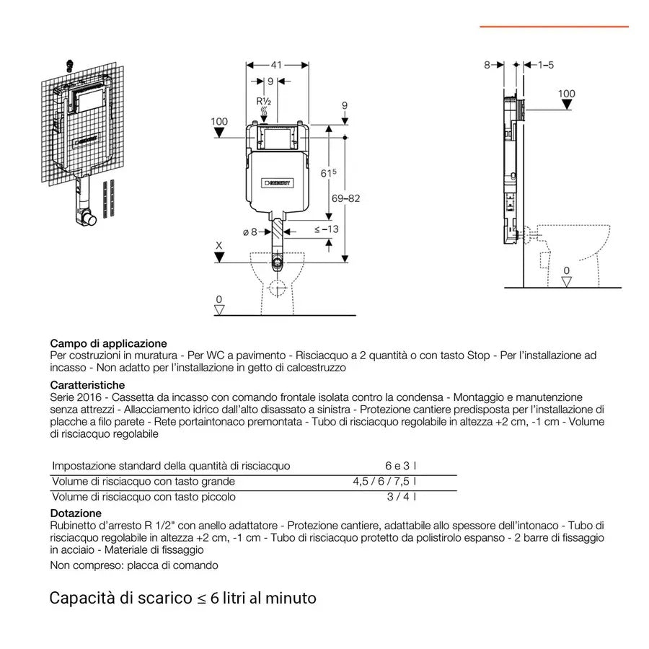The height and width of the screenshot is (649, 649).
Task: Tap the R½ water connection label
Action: click(x=264, y=101)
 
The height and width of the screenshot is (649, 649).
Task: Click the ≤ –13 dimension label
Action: click(x=327, y=230)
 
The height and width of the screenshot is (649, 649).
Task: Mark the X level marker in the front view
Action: click(x=219, y=246)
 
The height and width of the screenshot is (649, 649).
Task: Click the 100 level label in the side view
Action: click(x=567, y=94)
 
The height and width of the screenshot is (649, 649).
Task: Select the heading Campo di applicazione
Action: click(x=108, y=343)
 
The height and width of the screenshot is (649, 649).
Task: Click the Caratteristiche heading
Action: click(x=87, y=385)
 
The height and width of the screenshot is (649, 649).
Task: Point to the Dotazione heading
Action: click(x=76, y=513)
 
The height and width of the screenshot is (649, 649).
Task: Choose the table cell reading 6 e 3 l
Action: click(x=400, y=466)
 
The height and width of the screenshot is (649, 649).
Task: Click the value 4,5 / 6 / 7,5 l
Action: click(x=384, y=481)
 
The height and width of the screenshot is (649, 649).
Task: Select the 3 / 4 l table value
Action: click(x=402, y=497)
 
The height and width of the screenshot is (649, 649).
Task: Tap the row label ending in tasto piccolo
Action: click(x=144, y=497)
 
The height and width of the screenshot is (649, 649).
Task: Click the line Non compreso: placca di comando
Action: click(x=134, y=565)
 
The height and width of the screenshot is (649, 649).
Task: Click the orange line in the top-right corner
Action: click(x=554, y=27)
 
